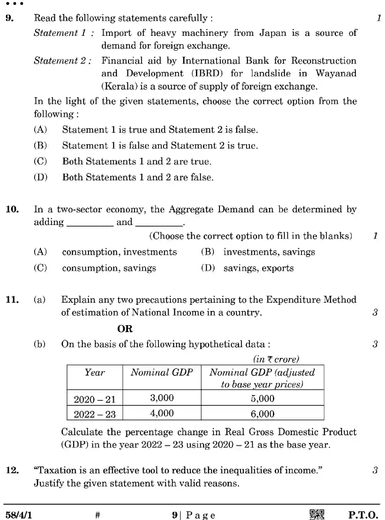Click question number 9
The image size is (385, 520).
pyautogui.click(x=9, y=18)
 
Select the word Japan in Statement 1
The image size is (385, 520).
pyautogui.click(x=273, y=33)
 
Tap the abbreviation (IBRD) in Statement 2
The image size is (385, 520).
pyautogui.click(x=207, y=73)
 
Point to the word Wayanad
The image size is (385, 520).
pyautogui.click(x=336, y=73)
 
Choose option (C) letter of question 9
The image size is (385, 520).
pyautogui.click(x=40, y=161)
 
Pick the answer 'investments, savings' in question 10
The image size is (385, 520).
pyautogui.click(x=269, y=252)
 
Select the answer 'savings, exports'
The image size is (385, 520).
pyautogui.click(x=258, y=268)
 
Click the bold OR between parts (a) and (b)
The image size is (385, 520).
pyautogui.click(x=125, y=329)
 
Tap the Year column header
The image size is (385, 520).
pyautogui.click(x=95, y=372)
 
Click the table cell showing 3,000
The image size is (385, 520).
pyautogui.click(x=162, y=398)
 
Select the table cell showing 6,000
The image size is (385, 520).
pyautogui.click(x=262, y=414)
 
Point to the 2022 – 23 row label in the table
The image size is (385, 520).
pyautogui.click(x=95, y=414)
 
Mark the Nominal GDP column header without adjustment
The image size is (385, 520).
pyautogui.click(x=162, y=372)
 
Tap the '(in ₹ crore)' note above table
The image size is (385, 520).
pyautogui.click(x=276, y=359)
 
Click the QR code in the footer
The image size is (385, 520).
pyautogui.click(x=317, y=514)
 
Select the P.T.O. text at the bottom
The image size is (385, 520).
pyautogui.click(x=363, y=515)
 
